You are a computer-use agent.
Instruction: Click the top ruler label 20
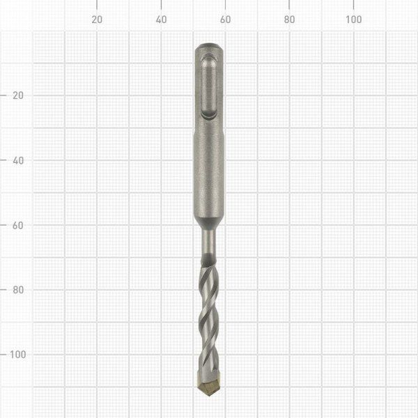(x=97, y=20)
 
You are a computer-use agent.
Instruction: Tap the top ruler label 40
(x=162, y=20)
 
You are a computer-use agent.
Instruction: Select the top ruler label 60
(x=225, y=20)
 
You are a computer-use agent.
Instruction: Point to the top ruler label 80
(x=290, y=20)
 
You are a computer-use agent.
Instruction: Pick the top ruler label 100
(x=353, y=20)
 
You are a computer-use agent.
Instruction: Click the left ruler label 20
(x=18, y=95)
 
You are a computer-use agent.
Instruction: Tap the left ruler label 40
(x=18, y=160)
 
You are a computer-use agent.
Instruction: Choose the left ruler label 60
(x=18, y=225)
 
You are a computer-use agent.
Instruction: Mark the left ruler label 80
(x=18, y=290)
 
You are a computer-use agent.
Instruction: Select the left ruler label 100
(x=18, y=355)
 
